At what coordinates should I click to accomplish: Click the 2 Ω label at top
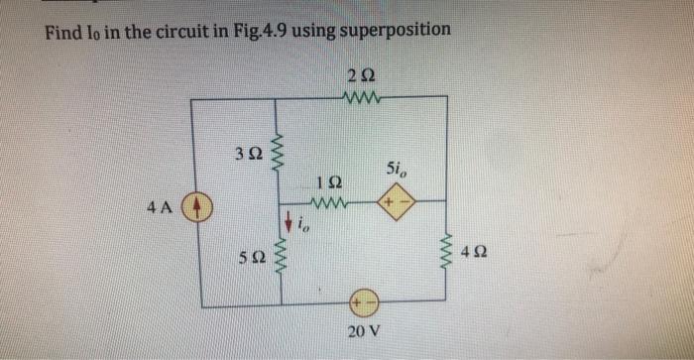pyautogui.click(x=360, y=75)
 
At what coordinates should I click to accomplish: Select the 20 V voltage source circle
pyautogui.click(x=360, y=304)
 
